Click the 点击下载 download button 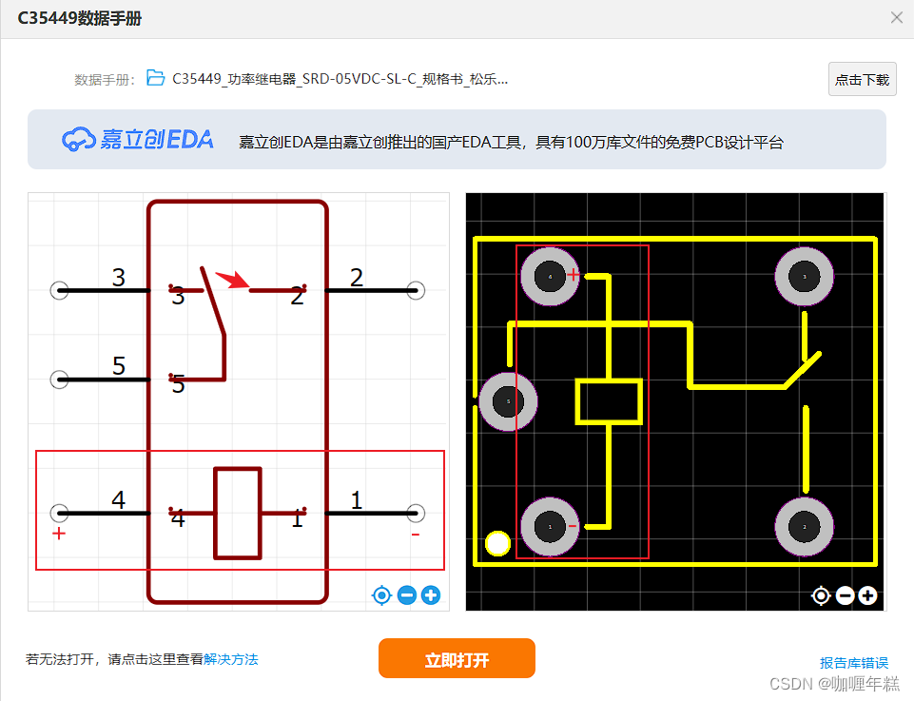862,80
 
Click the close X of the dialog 896,17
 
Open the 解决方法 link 231,659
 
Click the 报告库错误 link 854,663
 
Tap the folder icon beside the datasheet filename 156,79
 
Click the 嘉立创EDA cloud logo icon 79,140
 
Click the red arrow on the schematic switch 231,280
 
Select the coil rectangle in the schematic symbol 238,513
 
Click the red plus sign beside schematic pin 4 59,534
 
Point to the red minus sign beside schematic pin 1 416,535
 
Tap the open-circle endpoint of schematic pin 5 59,380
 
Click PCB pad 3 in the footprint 805,277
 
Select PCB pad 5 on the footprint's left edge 508,401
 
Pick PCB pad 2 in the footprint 805,526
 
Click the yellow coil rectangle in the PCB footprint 609,401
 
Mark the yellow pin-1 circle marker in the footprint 497,544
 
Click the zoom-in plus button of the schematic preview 431,595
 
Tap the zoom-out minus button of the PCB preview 845,595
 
